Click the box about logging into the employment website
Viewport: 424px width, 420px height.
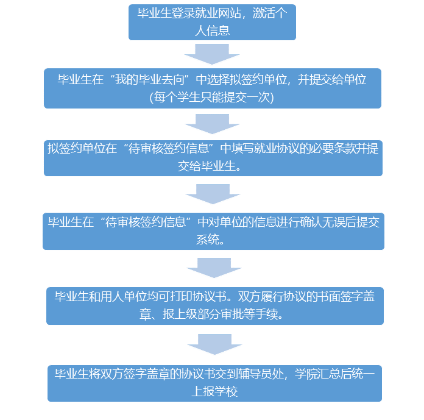(x=212, y=23)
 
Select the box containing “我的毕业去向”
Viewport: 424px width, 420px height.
(x=212, y=88)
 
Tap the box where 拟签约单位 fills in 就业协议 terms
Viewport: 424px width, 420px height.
(x=213, y=157)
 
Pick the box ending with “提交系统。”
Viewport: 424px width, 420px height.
(x=213, y=230)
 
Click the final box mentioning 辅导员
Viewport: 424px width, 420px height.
(x=214, y=383)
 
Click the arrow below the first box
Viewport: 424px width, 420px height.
(x=212, y=54)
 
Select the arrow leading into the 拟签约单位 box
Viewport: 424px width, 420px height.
(x=212, y=123)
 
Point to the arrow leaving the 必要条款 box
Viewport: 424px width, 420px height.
(x=212, y=194)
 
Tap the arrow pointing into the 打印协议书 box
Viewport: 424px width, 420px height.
(x=214, y=268)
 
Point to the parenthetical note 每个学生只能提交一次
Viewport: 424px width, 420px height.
(x=212, y=96)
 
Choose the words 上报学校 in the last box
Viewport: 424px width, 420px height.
(x=214, y=391)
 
